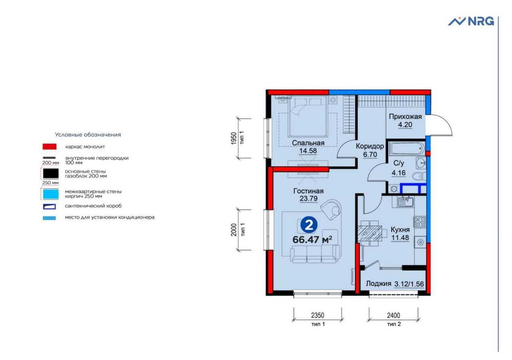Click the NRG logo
pos(471,21)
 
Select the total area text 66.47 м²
pos(312,240)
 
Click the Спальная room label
pos(308,143)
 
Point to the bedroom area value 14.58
pos(308,151)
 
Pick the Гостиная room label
pos(308,191)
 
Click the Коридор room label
pos(369,146)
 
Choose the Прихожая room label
pos(405,117)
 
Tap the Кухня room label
pos(400,230)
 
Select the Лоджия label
pos(378,283)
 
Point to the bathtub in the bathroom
pos(407,149)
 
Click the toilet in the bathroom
pos(418,176)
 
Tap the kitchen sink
pos(405,202)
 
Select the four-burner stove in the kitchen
pos(420,222)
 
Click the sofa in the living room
pos(315,254)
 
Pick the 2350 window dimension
pos(317,315)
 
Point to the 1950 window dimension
pos(234,138)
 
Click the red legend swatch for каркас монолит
pos(49,147)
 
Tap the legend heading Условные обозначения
pos(88,134)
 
